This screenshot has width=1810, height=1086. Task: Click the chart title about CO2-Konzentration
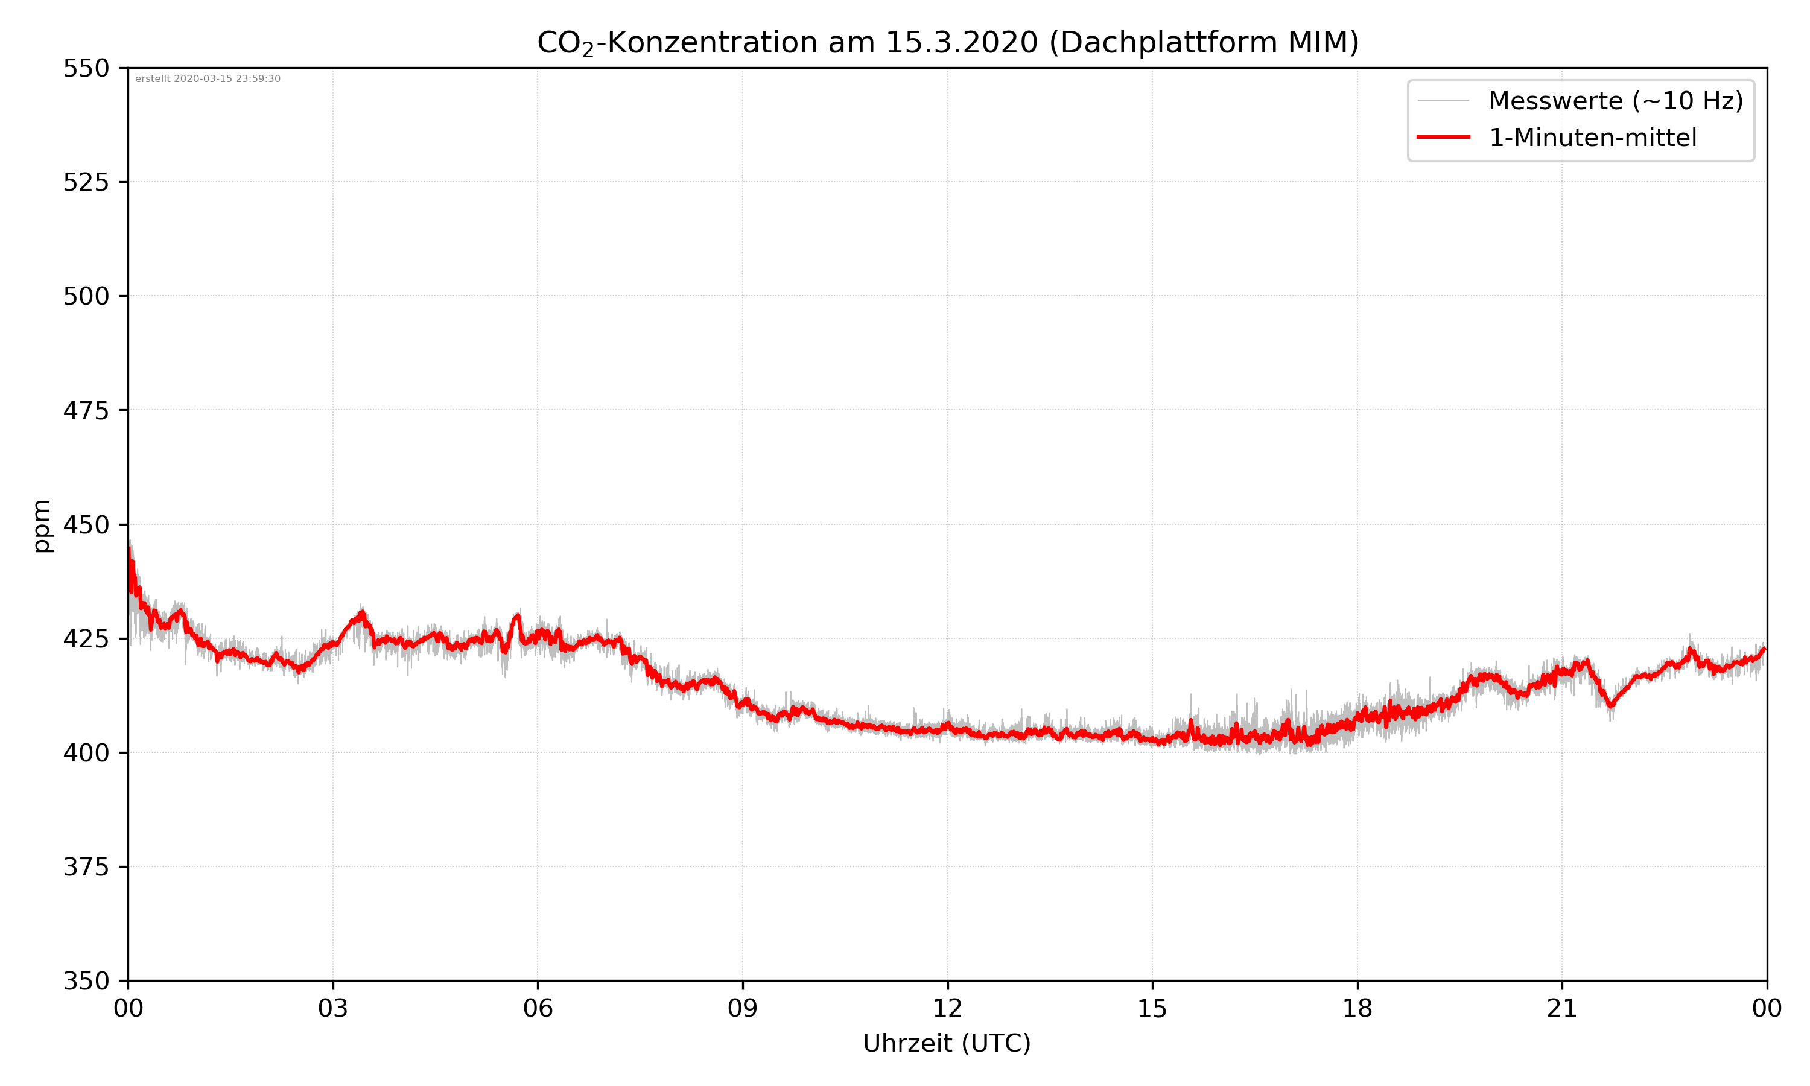point(947,42)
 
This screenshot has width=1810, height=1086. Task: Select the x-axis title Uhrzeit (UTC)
point(947,1043)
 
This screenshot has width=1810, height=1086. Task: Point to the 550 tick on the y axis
point(86,68)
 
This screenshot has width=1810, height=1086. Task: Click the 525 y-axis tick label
point(86,182)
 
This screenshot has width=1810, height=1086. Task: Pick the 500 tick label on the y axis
point(86,296)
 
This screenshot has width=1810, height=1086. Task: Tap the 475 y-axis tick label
point(86,410)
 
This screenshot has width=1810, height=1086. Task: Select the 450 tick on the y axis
point(86,525)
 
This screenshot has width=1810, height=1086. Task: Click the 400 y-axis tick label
point(86,753)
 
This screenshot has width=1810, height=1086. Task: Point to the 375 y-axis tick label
point(86,867)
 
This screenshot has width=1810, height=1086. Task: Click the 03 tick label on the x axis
point(333,1008)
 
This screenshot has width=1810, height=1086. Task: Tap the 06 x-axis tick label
point(538,1008)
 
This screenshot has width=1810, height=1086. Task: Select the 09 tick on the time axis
point(743,1008)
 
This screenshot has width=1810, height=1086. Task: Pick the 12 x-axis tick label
point(947,1008)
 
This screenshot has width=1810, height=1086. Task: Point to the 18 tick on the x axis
point(1357,1008)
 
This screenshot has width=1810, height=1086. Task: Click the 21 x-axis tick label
point(1562,1008)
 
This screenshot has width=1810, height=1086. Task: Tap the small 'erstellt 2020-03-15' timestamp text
point(208,79)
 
